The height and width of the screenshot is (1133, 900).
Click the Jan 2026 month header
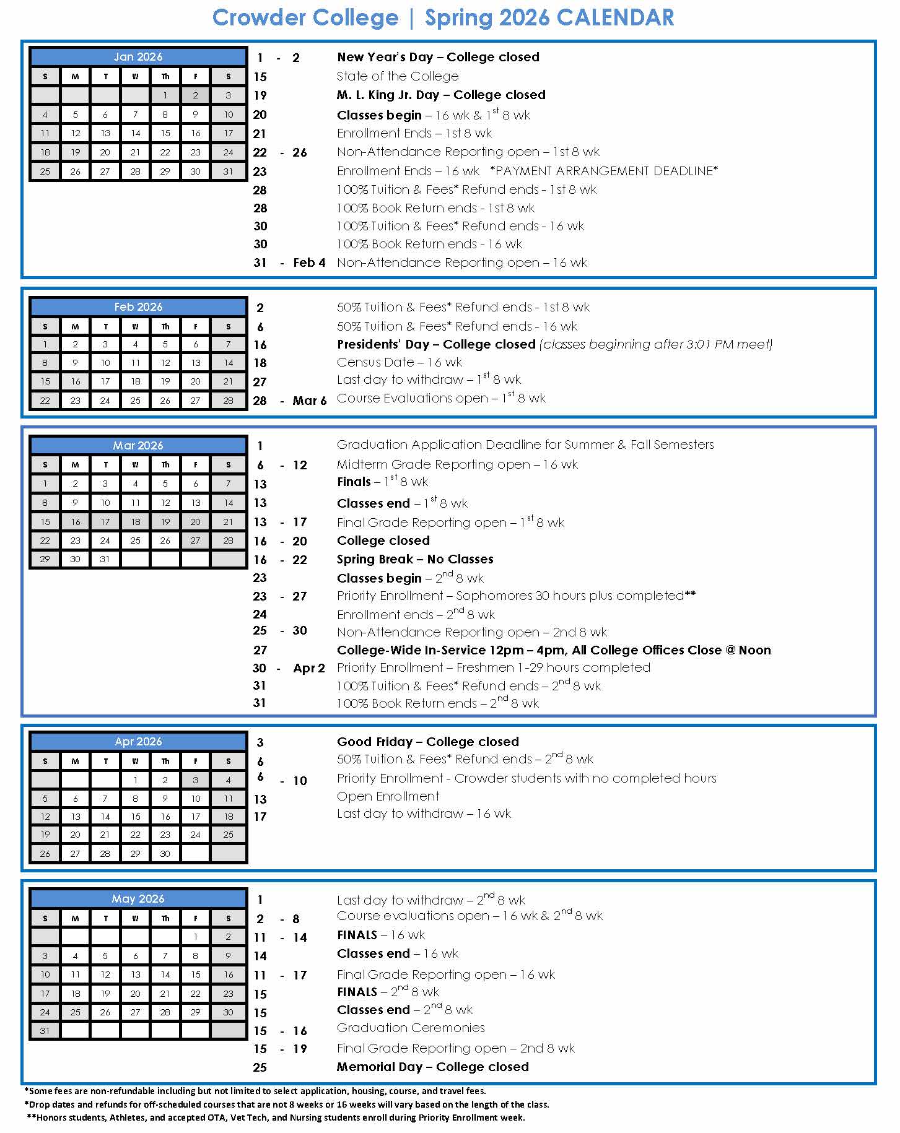point(138,57)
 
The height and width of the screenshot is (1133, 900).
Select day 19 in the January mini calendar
point(75,152)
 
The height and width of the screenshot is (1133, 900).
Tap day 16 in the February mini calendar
point(75,381)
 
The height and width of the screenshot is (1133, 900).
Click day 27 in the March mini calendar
point(195,540)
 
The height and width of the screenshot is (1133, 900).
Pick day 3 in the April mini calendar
point(195,780)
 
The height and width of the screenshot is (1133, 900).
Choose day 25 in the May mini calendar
point(75,1012)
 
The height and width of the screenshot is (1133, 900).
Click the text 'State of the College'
point(398,76)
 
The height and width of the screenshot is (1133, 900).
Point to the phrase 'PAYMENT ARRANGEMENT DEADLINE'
point(603,171)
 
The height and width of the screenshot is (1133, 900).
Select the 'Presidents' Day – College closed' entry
point(436,344)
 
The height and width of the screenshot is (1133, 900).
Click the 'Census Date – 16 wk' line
point(400,362)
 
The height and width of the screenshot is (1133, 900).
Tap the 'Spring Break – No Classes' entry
point(415,559)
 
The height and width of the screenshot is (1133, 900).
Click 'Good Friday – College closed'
point(428,742)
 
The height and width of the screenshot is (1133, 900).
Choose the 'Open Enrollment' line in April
point(388,796)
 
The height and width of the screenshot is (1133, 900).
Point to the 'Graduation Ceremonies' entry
point(411,1028)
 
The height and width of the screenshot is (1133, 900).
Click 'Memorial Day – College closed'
point(433,1067)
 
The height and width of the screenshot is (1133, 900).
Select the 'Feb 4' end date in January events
point(309,263)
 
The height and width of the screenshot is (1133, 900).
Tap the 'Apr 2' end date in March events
point(309,668)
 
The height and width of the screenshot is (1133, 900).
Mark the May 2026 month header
point(138,899)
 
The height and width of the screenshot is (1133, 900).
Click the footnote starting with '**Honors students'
point(276,1118)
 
